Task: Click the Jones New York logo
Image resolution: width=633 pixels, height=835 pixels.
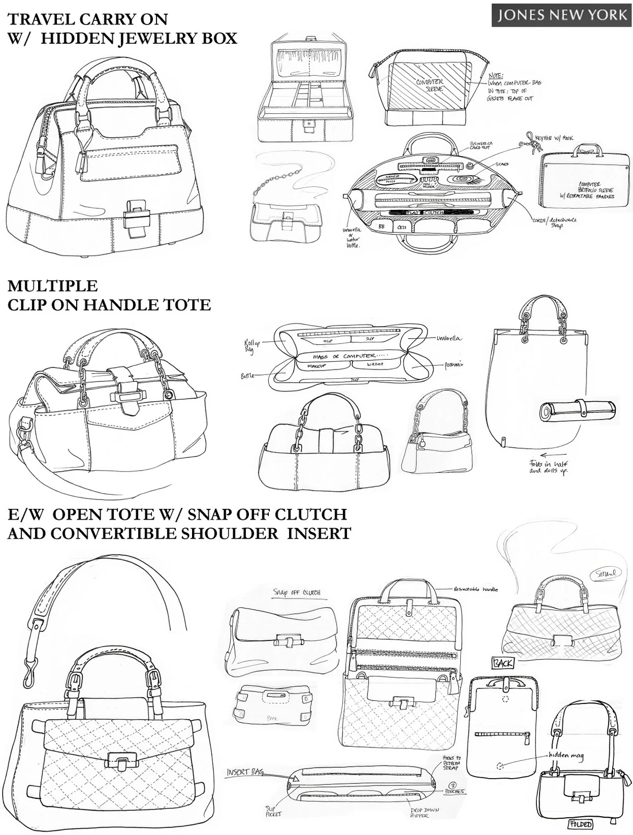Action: tap(561, 15)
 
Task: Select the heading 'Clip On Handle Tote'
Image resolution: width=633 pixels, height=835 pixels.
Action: tap(109, 304)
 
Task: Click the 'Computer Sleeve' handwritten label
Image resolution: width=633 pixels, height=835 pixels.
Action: tap(429, 85)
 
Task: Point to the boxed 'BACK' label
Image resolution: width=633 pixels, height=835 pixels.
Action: tap(502, 663)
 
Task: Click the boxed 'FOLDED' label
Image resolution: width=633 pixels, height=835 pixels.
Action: tap(580, 824)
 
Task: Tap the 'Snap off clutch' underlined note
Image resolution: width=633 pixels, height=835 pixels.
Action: tap(296, 592)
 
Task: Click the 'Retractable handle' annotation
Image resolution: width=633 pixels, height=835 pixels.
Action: tap(475, 589)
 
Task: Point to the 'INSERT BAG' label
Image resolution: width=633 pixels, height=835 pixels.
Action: tap(244, 772)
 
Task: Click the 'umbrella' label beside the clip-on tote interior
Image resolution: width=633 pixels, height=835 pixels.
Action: tap(448, 338)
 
